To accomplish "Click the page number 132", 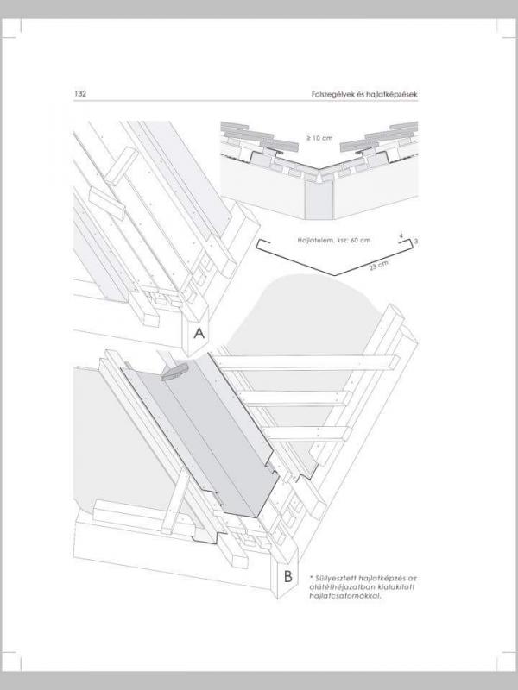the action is tap(80, 94).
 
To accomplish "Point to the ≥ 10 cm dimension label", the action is tap(319, 138).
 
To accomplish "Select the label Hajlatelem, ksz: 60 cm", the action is tap(334, 241).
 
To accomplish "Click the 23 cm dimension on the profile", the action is tap(379, 266).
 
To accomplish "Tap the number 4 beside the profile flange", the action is tap(401, 236).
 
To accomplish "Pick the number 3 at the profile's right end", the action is tap(416, 241).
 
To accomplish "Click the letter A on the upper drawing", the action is tap(199, 333).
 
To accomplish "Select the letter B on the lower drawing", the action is tap(288, 576).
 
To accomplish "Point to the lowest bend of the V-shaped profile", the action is tap(335, 275).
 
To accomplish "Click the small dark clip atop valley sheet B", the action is tap(175, 372).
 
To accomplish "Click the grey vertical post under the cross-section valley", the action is tap(319, 199).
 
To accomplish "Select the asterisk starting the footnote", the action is tap(312, 576).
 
